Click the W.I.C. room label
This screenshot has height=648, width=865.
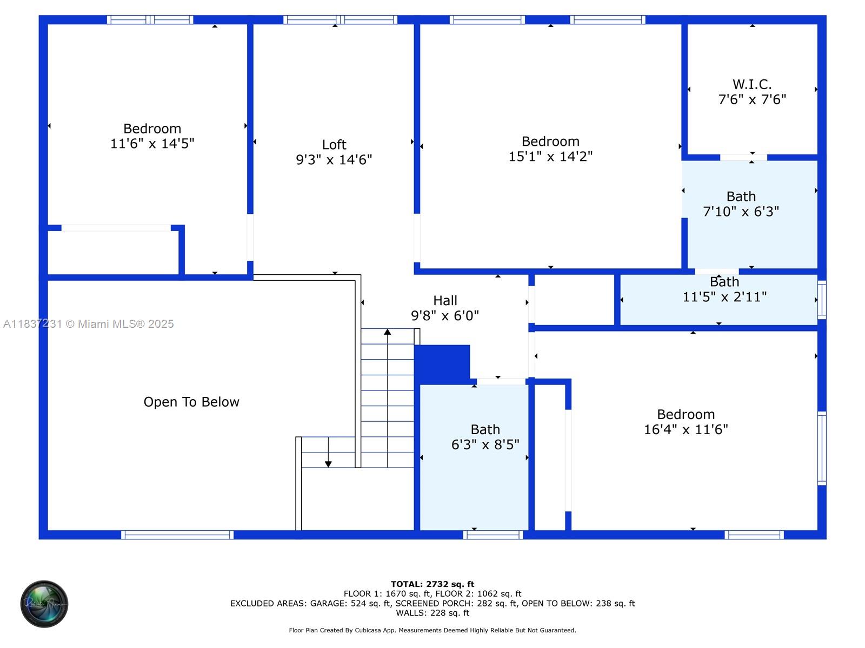click(x=751, y=84)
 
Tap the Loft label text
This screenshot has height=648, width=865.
click(x=334, y=144)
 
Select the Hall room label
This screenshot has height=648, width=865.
click(x=445, y=300)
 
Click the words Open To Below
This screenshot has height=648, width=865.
click(x=191, y=402)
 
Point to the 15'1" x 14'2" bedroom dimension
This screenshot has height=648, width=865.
click(x=550, y=156)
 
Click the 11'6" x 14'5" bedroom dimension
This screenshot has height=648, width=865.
click(x=152, y=143)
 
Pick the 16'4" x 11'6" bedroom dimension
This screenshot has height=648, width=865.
click(x=686, y=429)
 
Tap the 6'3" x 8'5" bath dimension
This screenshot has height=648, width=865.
click(x=485, y=444)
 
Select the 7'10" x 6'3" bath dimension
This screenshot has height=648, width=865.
click(x=741, y=211)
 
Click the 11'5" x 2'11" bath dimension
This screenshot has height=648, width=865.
click(x=724, y=296)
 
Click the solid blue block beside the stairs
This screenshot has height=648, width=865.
click(x=442, y=364)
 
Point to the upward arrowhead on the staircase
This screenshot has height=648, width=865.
click(x=388, y=332)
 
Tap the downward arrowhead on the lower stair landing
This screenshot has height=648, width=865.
click(x=328, y=464)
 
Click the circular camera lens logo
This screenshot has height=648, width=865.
click(x=44, y=604)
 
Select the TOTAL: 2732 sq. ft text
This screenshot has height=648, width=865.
click(x=432, y=584)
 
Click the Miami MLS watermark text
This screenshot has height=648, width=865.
click(x=88, y=324)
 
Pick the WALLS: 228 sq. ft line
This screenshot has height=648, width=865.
click(x=432, y=612)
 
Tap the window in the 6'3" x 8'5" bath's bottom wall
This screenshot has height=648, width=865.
click(x=493, y=535)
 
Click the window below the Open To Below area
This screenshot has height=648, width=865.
click(x=177, y=535)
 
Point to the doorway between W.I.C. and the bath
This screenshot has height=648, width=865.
click(x=743, y=157)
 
